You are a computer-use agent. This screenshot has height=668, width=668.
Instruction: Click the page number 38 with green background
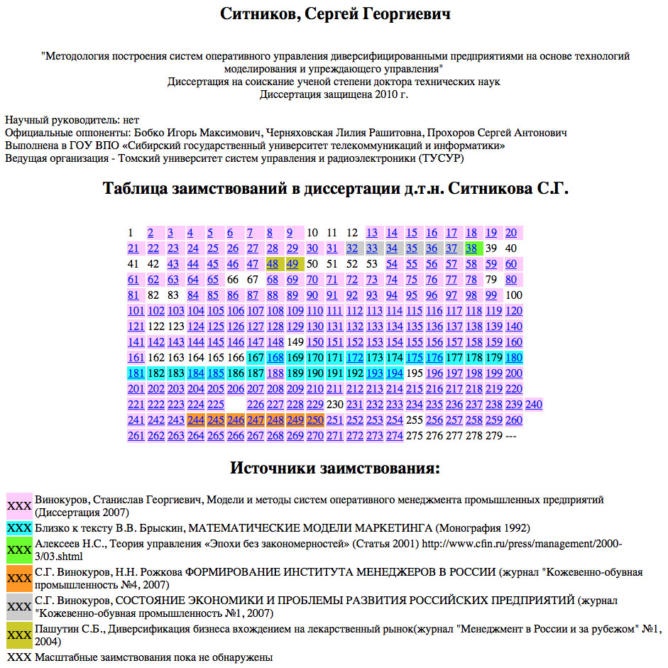click(x=471, y=248)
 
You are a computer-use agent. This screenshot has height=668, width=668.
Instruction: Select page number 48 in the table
click(x=273, y=264)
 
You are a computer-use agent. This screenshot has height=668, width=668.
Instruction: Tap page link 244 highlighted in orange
click(x=196, y=420)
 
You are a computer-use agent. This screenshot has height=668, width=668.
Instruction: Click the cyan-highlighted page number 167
click(x=256, y=358)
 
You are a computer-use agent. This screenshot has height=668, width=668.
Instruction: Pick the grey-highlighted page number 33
click(x=372, y=248)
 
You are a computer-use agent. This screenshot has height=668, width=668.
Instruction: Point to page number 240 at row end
click(x=534, y=405)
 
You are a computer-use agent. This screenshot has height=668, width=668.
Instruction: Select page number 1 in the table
click(x=131, y=233)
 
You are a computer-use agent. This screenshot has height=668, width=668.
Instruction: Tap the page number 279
click(x=493, y=436)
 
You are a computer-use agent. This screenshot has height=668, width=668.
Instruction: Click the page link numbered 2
click(x=150, y=233)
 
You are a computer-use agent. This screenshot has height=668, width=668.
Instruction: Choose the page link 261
click(x=136, y=436)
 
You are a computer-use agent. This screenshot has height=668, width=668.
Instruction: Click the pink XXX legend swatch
click(x=18, y=506)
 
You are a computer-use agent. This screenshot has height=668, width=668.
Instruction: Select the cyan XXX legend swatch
click(x=18, y=528)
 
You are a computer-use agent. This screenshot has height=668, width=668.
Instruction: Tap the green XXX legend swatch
click(x=18, y=550)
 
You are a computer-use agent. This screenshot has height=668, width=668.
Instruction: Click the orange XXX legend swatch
click(x=18, y=579)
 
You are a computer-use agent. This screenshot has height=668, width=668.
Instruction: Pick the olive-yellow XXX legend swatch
click(x=18, y=634)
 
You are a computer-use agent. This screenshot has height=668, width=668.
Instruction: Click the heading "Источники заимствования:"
click(x=335, y=469)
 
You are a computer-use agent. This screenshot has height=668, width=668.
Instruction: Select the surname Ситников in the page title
click(x=258, y=14)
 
